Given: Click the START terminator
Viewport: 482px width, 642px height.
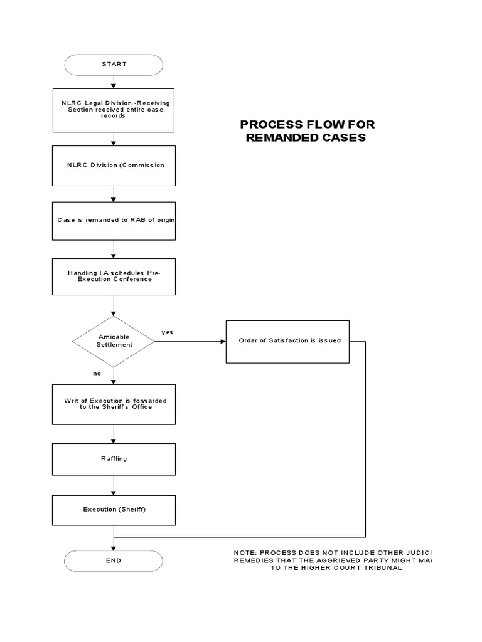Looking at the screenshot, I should click(x=114, y=65).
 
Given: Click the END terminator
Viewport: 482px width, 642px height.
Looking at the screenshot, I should click(x=114, y=560).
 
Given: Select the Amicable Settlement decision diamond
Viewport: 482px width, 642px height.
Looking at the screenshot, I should click(x=114, y=342).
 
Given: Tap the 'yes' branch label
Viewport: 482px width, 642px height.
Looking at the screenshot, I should click(x=167, y=332).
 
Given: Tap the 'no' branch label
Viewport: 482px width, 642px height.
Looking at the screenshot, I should click(x=97, y=373).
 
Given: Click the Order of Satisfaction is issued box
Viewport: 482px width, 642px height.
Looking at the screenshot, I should click(x=287, y=341).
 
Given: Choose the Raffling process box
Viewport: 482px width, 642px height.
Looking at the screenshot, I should click(x=114, y=459).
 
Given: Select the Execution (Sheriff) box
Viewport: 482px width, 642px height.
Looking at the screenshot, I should click(x=114, y=510).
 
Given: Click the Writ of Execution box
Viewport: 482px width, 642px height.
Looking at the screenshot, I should click(x=114, y=404).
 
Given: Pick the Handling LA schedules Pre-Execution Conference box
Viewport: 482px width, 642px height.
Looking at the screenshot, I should click(x=114, y=276).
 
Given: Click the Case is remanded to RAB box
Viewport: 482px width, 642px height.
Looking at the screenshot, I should click(x=114, y=221).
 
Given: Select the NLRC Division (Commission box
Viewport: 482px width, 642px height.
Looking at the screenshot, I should click(x=114, y=166).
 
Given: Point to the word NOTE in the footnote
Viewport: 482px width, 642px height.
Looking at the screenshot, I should click(x=245, y=552).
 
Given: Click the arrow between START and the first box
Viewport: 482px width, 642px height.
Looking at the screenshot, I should click(x=114, y=82).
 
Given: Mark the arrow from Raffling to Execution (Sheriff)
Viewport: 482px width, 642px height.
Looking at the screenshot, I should click(x=114, y=485).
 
